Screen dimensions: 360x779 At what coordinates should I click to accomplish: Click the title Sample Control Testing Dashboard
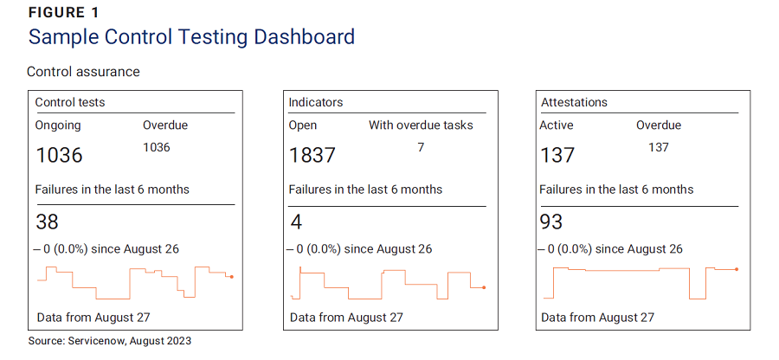coord(191,37)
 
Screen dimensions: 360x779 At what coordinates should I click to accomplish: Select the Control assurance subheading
coord(83,71)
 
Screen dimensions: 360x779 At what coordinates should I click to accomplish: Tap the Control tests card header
coord(70,102)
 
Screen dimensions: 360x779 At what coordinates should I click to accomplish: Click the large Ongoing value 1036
coord(59,155)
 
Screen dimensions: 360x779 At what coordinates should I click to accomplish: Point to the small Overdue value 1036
coord(157,147)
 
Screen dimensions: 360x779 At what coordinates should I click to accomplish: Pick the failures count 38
coord(47,222)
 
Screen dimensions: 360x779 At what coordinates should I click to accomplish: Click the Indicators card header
coord(316,102)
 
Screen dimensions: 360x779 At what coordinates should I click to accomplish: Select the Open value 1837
coord(312,155)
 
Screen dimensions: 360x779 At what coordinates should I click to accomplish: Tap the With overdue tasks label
coord(421,125)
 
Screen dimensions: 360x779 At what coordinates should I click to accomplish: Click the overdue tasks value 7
coord(421,147)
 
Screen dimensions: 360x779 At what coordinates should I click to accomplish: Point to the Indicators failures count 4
coord(296,222)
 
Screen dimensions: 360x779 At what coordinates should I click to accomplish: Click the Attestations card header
coord(574,102)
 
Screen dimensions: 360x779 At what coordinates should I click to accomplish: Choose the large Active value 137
coord(557,155)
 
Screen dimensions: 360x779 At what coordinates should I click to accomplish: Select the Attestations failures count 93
coord(551,222)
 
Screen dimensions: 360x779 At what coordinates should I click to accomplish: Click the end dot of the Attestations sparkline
coord(736,269)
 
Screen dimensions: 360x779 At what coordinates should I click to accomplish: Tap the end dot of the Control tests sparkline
coord(232,277)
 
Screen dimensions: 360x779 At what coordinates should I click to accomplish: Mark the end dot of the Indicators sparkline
coord(484,287)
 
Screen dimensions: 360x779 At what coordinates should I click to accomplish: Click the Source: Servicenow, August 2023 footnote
coord(110,341)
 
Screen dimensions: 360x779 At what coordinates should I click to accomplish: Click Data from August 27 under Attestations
coord(597,318)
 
